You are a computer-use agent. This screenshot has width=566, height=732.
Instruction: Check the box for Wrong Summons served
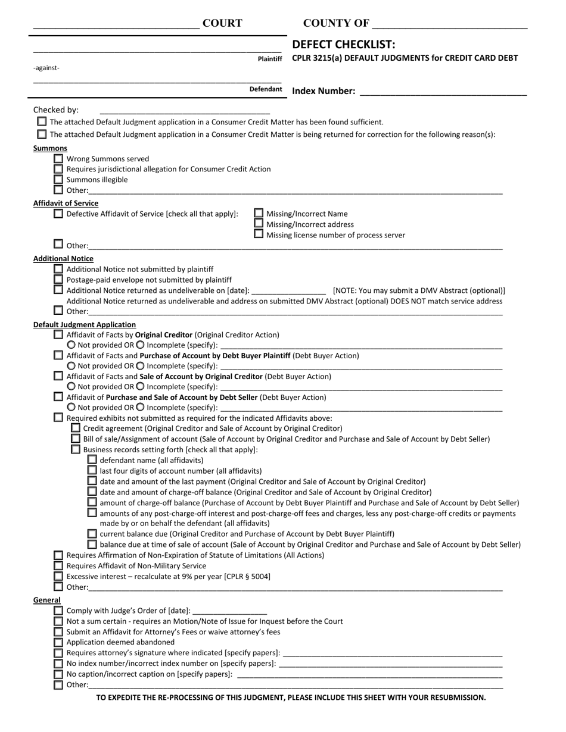click(58, 158)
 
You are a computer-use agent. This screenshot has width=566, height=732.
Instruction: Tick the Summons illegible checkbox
click(58, 179)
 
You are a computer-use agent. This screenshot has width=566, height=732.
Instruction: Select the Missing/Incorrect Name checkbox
click(259, 213)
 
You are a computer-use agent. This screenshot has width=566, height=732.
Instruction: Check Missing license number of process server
click(259, 234)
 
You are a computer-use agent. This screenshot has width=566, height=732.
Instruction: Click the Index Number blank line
click(443, 92)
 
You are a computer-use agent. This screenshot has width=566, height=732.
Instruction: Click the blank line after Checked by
click(185, 110)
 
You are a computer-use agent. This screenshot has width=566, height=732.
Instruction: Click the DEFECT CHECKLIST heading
click(343, 45)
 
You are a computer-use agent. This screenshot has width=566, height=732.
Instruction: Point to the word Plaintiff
click(270, 59)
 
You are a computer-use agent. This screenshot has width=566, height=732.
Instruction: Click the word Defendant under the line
click(266, 89)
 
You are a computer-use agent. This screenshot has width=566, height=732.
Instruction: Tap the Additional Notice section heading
click(63, 259)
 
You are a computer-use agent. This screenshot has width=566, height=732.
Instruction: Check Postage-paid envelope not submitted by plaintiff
click(58, 279)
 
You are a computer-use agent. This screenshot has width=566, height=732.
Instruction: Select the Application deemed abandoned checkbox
click(58, 642)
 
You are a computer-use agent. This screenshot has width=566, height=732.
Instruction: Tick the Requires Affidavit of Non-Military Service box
click(58, 565)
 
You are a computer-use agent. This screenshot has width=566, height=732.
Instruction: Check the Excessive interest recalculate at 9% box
click(58, 576)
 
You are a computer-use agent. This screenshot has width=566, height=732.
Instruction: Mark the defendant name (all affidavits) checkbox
click(92, 459)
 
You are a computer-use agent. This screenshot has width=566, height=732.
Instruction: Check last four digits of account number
click(92, 470)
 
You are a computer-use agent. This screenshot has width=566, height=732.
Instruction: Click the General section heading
click(46, 600)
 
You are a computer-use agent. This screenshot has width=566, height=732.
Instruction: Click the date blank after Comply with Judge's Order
click(230, 611)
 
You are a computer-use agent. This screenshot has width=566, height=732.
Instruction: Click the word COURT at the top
click(222, 23)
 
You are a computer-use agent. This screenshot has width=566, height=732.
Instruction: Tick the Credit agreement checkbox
click(75, 428)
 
